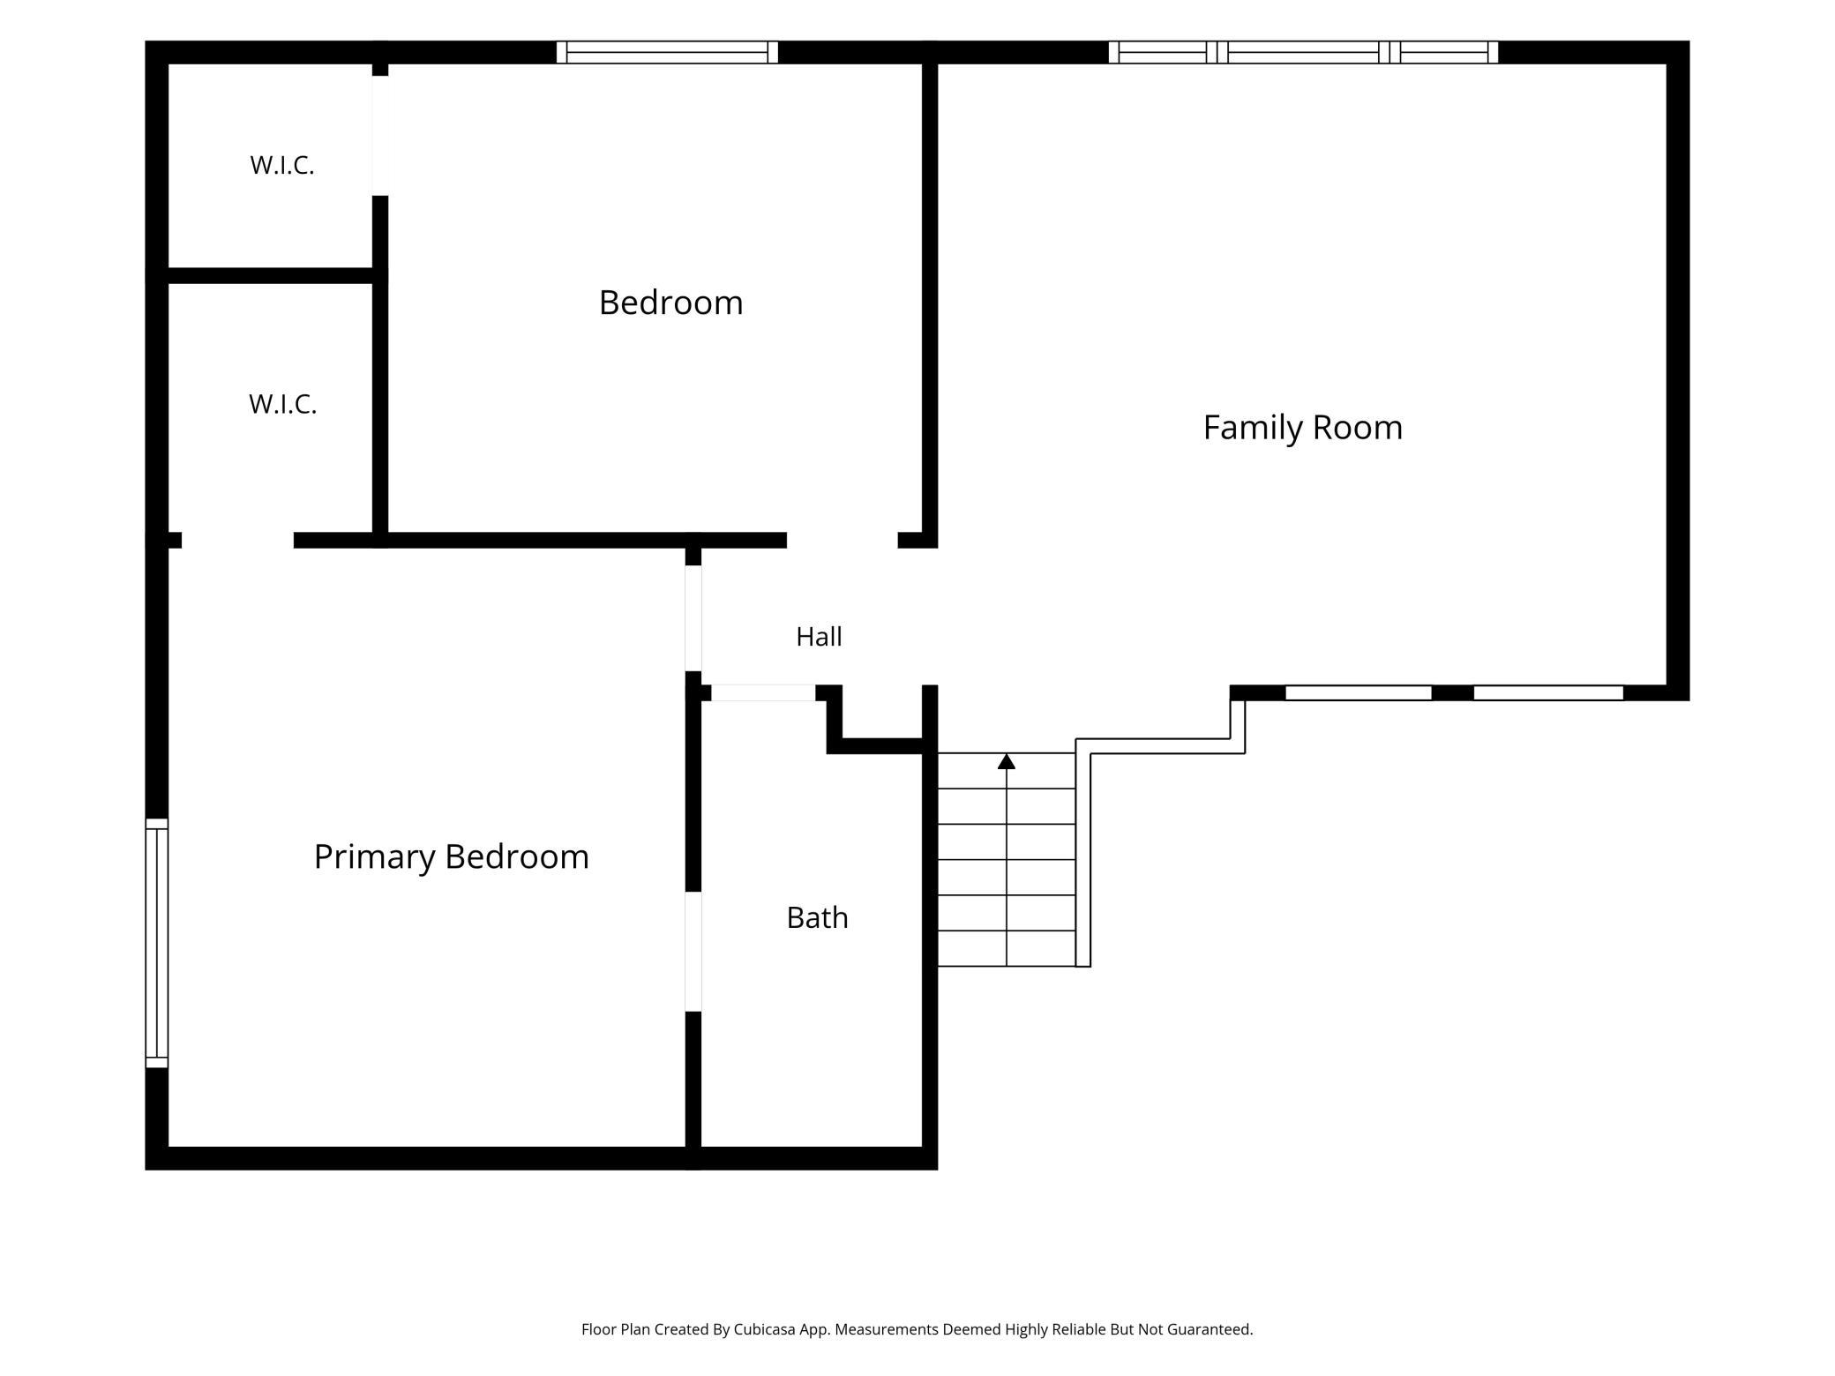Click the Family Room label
[1302, 428]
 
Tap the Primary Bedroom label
[451, 856]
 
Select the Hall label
[819, 637]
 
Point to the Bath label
[817, 917]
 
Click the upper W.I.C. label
[282, 165]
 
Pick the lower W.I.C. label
[282, 404]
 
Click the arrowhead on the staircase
[1007, 761]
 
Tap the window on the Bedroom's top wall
[667, 52]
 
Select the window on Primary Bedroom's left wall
[156, 943]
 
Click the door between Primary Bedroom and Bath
[693, 952]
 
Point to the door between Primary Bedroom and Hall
[693, 618]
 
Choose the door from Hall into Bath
[764, 693]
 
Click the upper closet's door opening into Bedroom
[380, 136]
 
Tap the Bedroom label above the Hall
[670, 303]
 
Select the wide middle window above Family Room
[1303, 52]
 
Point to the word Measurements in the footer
[887, 1329]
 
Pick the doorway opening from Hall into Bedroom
[843, 540]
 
